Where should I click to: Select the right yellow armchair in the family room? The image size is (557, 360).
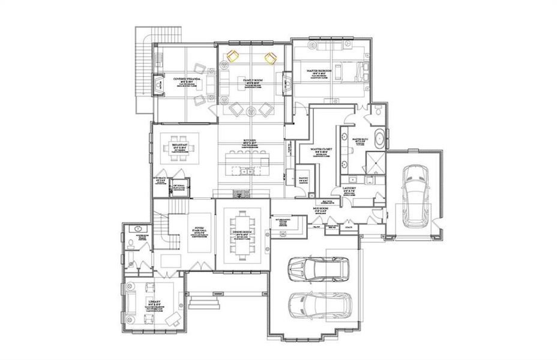[270, 58]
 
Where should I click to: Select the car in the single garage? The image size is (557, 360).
[414, 194]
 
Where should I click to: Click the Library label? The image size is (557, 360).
[152, 302]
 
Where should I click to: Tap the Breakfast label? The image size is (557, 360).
[180, 146]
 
